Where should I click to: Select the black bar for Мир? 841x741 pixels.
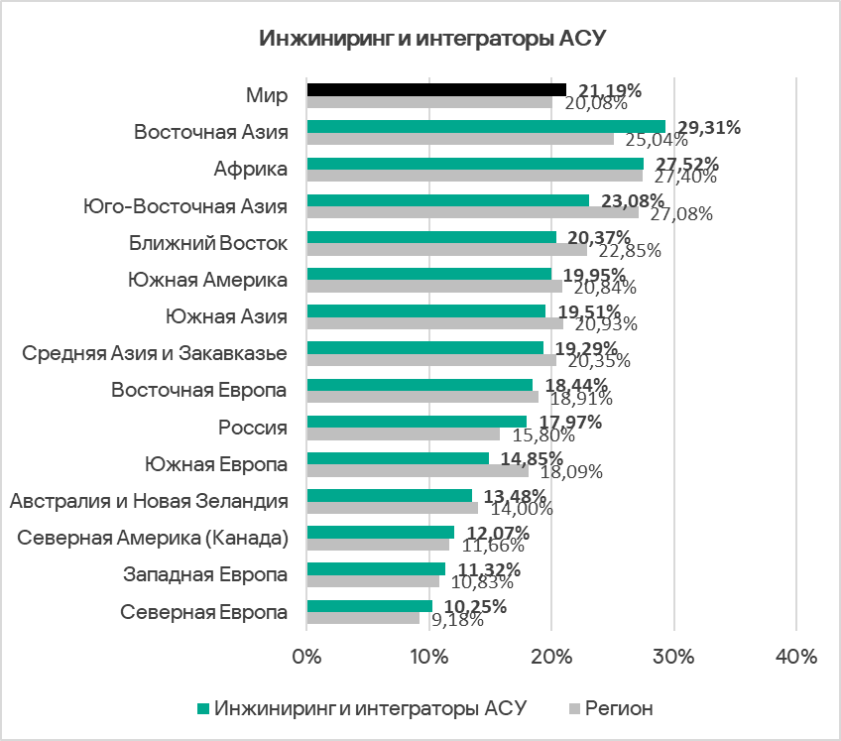pos(436,89)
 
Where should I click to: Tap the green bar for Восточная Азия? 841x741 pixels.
pos(486,126)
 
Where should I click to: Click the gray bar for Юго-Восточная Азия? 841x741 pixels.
pos(473,211)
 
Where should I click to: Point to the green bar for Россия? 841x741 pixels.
pos(417,421)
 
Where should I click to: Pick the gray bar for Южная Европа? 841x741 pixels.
pos(418,470)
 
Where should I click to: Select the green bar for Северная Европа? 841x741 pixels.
pos(369,605)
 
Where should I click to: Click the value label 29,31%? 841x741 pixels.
pos(708,127)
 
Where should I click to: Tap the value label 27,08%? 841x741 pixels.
pos(682,213)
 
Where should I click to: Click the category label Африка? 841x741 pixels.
pos(250,169)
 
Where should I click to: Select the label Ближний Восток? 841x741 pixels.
pos(208,243)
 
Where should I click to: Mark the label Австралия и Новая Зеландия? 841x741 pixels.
pos(149,501)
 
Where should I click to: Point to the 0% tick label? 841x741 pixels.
pos(307,657)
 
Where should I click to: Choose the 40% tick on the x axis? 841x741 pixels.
pos(796,657)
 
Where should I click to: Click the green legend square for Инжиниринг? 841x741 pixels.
pos(203,708)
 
